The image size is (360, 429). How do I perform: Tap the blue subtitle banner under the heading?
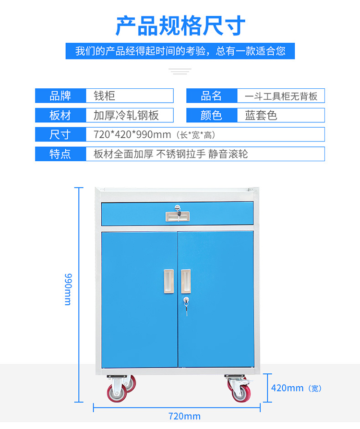180,51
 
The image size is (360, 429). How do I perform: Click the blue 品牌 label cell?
60,96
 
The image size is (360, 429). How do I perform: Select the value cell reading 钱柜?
130,96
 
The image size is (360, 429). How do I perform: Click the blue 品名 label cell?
211,96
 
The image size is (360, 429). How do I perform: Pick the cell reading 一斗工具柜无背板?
281,96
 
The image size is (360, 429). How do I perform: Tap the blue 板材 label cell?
60,115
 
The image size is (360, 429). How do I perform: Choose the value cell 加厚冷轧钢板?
130,115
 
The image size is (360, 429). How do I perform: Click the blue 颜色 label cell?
211,115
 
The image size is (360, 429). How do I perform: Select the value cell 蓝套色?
281,115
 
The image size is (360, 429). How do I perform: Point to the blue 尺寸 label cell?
60,134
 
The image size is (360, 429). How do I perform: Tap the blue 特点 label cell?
60,154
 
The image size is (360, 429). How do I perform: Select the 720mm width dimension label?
184,416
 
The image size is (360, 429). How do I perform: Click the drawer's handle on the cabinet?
177,216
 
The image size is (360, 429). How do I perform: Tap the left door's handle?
168,281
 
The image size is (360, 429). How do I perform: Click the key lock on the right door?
185,302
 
